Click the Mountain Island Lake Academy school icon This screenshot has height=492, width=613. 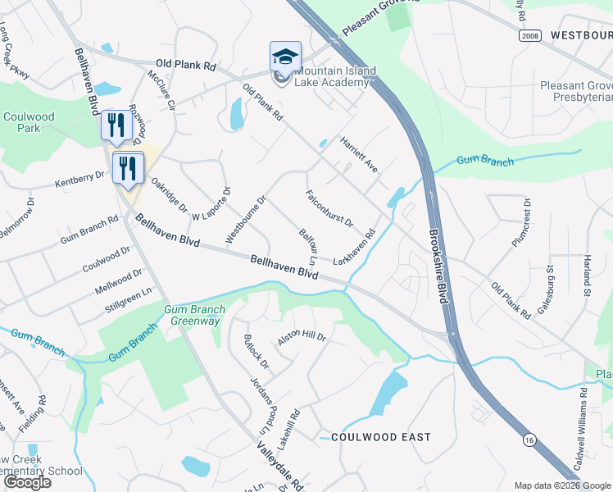click(x=285, y=57)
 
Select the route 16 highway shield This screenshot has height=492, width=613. click(x=528, y=440)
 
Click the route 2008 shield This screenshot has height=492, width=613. click(x=529, y=36)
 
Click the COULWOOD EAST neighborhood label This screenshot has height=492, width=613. click(x=380, y=437)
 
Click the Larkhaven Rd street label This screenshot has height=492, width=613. click(x=354, y=246)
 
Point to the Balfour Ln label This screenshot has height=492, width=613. click(x=308, y=247)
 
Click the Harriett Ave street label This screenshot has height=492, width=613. click(x=359, y=153)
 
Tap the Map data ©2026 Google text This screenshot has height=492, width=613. click(x=561, y=485)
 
